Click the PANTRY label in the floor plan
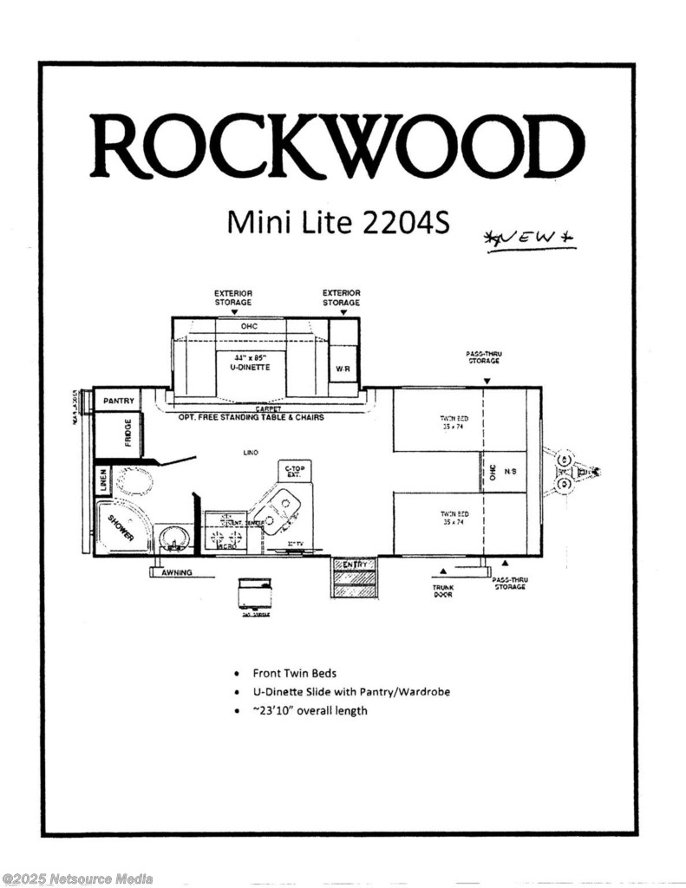(118, 401)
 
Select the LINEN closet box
(102, 480)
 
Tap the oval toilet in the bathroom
(134, 480)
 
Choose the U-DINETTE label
(251, 368)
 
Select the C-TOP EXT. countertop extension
(294, 471)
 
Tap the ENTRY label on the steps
(354, 565)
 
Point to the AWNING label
(176, 573)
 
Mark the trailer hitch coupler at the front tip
(597, 472)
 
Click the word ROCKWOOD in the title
(336, 145)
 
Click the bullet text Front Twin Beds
(294, 672)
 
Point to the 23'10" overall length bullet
(310, 710)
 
